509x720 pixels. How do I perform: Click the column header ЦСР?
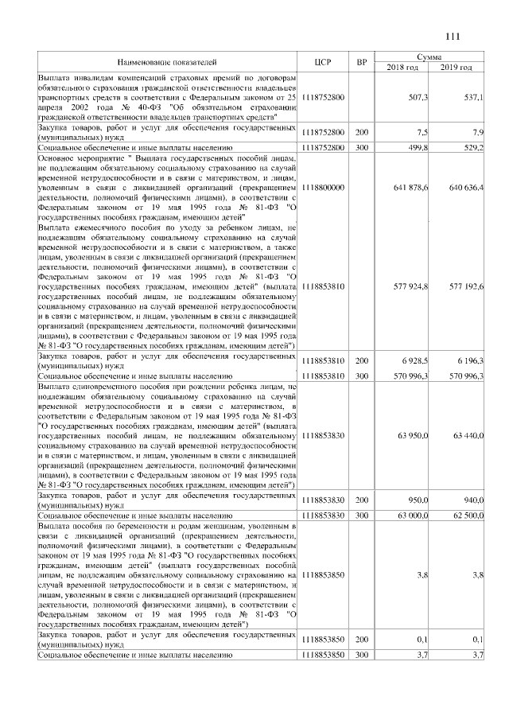tap(322, 61)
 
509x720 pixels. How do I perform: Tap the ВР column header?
tap(362, 61)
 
